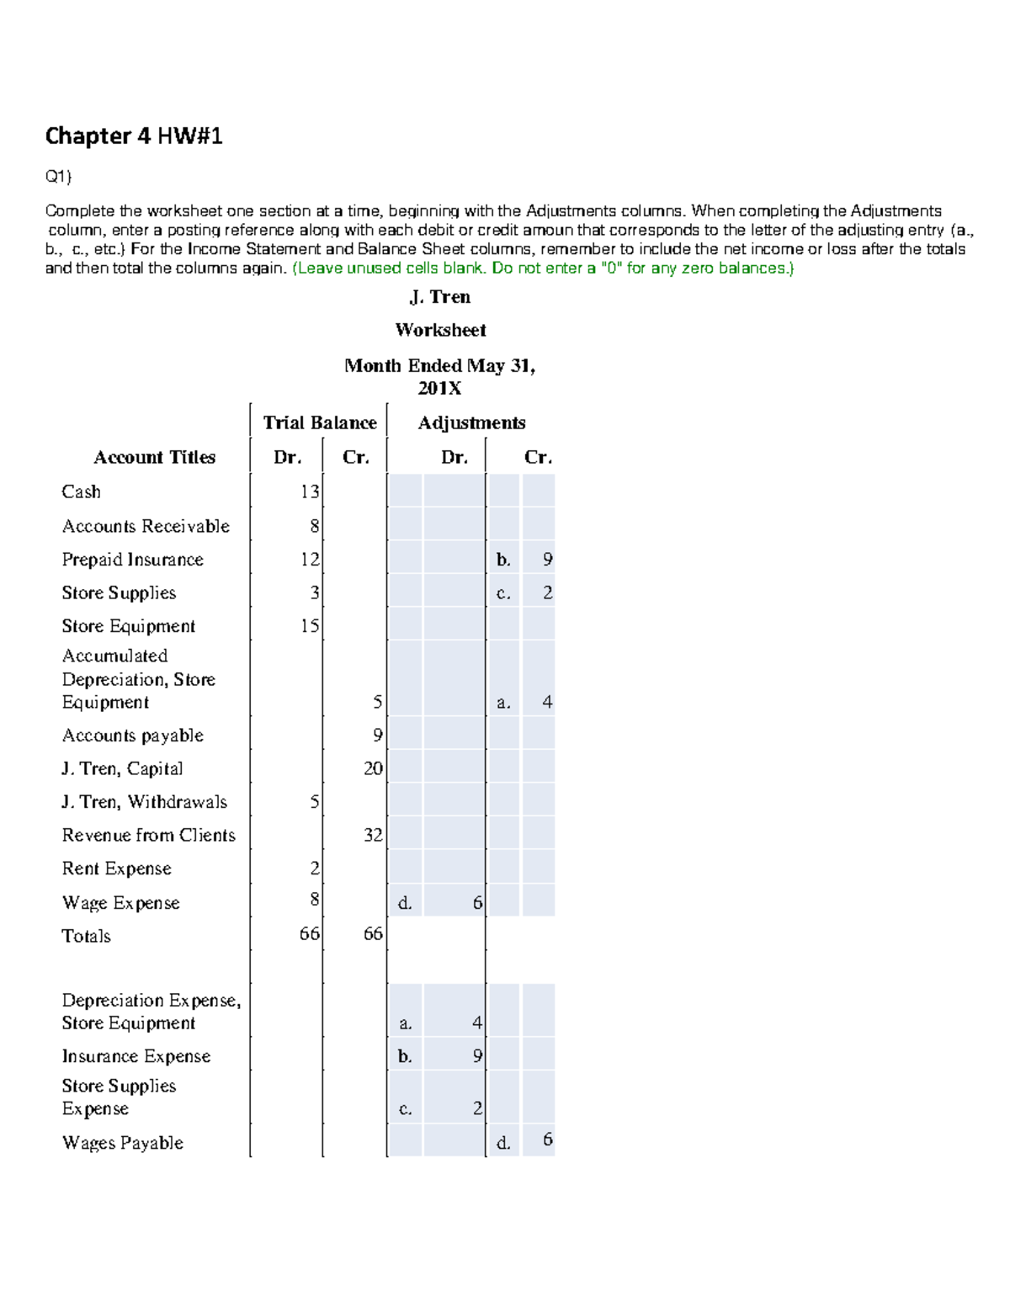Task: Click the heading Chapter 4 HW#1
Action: click(x=133, y=135)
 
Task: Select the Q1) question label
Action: click(x=58, y=176)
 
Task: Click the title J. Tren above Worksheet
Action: click(x=439, y=297)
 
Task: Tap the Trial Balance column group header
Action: click(x=319, y=422)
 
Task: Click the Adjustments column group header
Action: click(x=471, y=422)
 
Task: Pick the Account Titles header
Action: click(x=154, y=457)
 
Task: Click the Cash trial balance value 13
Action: click(x=310, y=491)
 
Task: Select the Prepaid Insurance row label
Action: click(x=132, y=560)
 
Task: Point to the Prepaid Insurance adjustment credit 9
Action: click(x=547, y=560)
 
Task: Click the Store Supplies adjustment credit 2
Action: click(x=547, y=592)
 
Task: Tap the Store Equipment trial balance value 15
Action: click(x=310, y=626)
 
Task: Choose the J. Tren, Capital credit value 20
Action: click(x=373, y=768)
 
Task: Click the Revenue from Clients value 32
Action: click(x=373, y=835)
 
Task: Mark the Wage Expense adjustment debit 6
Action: click(x=477, y=903)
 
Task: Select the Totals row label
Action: click(x=86, y=936)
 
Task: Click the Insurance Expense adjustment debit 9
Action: click(x=477, y=1056)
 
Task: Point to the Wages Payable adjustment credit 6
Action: click(x=547, y=1140)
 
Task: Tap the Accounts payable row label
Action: click(x=132, y=736)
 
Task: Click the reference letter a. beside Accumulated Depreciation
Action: click(x=503, y=703)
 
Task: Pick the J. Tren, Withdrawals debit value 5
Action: click(x=314, y=802)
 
